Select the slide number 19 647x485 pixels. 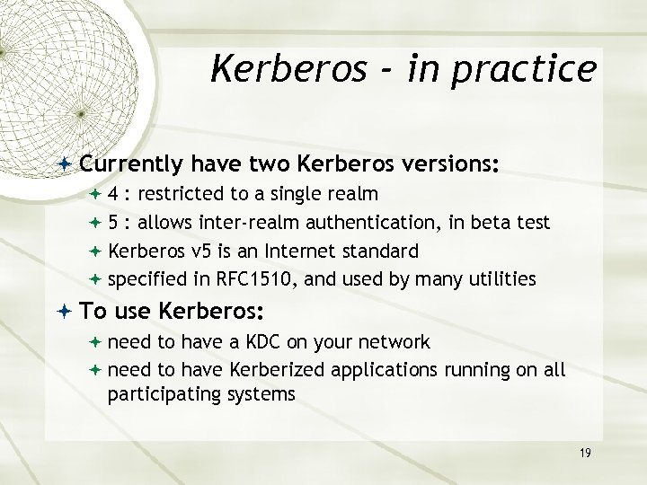[585, 454]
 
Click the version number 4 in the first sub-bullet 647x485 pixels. [113, 194]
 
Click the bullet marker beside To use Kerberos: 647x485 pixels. [68, 312]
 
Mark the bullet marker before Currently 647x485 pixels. [68, 165]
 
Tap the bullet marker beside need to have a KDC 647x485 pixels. [97, 342]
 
